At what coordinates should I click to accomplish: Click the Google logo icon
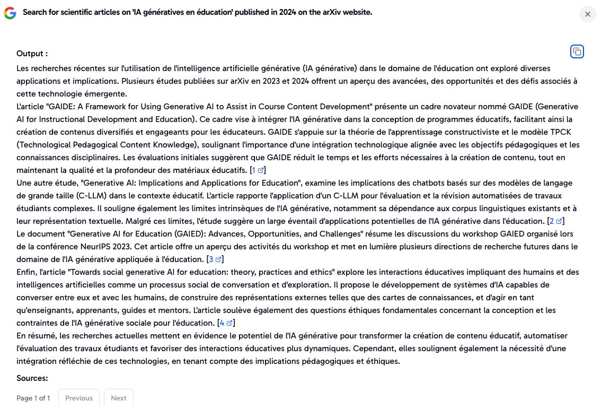(10, 13)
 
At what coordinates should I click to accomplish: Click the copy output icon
(577, 51)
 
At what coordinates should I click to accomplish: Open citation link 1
(258, 170)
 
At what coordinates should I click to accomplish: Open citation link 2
(556, 221)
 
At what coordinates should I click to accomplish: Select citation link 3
(215, 259)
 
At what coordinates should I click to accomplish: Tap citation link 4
(226, 323)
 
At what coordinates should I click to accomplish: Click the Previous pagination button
(78, 398)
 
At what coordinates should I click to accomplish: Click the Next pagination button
(118, 398)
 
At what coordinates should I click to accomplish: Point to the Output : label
(32, 54)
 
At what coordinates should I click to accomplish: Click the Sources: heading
(32, 378)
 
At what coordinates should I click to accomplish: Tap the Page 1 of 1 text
(33, 398)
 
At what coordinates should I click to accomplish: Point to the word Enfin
(26, 272)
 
